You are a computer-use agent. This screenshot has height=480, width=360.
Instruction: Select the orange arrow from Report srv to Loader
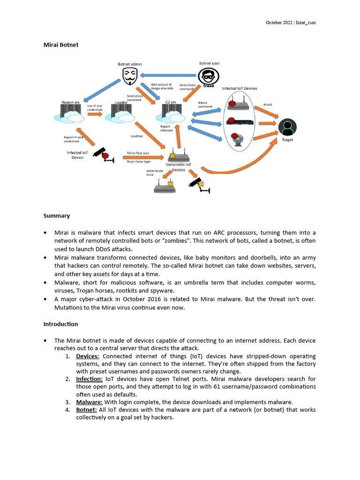click(95, 113)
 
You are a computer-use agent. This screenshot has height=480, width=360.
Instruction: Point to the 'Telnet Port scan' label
click(138, 153)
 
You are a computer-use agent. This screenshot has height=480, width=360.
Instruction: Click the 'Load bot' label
click(136, 136)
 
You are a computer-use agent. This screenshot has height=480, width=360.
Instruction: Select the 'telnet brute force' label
click(154, 173)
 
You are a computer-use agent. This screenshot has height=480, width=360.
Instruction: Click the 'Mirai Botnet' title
click(61, 45)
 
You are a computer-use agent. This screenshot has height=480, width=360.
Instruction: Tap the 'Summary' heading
click(57, 216)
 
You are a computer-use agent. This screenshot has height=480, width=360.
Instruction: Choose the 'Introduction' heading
click(61, 324)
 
